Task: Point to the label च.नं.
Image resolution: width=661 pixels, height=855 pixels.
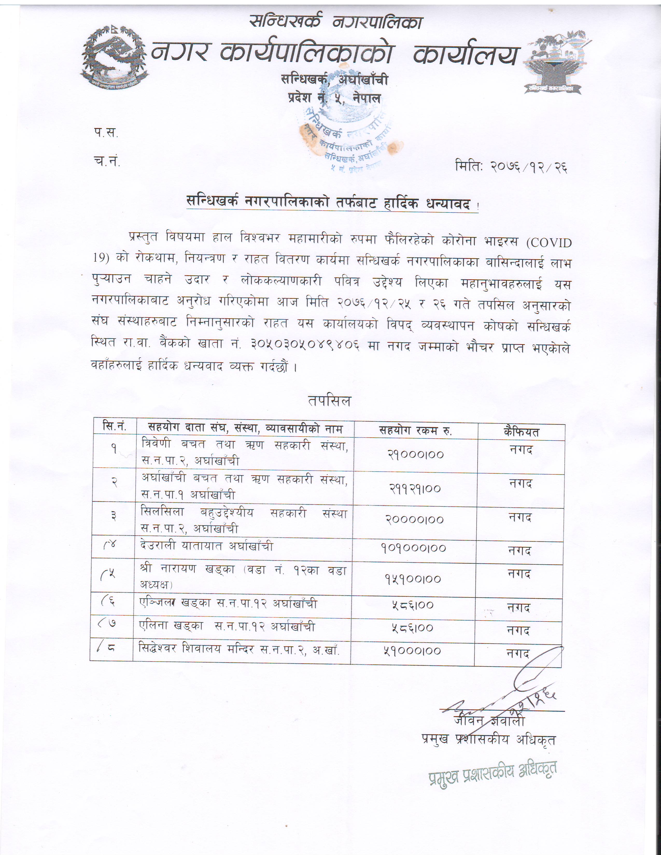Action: [x=107, y=161]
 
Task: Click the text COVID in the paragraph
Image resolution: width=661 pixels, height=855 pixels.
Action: [x=549, y=243]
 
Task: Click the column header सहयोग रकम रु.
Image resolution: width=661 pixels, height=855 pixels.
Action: [x=416, y=431]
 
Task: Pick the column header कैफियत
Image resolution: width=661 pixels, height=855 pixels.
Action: [x=521, y=432]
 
